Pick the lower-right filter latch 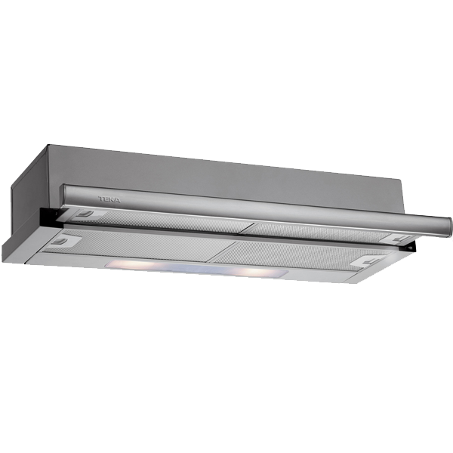[370, 262]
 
